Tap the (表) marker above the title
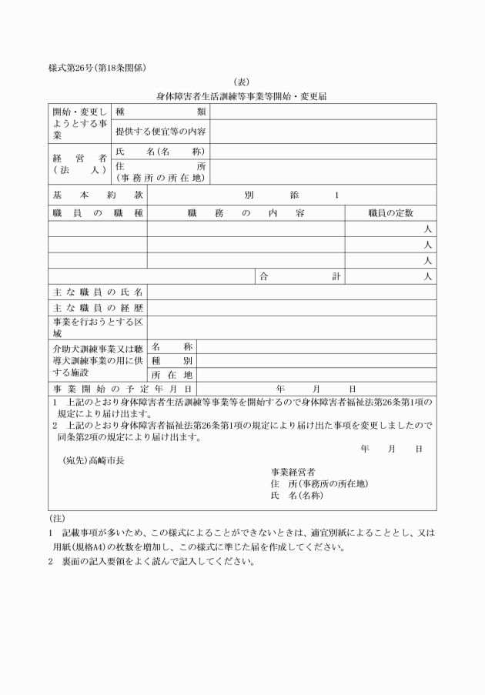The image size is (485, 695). click(x=242, y=82)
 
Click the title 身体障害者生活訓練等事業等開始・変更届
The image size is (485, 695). click(x=242, y=97)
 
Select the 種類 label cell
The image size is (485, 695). click(x=160, y=112)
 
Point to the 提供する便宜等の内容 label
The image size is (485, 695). click(x=160, y=132)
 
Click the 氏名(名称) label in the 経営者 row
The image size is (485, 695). click(x=160, y=151)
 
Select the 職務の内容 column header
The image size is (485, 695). click(x=246, y=212)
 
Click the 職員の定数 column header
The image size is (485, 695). click(x=390, y=212)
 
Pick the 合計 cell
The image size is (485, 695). click(x=300, y=276)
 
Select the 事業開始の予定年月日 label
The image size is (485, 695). click(x=122, y=389)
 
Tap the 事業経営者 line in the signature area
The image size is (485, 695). click(x=293, y=471)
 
